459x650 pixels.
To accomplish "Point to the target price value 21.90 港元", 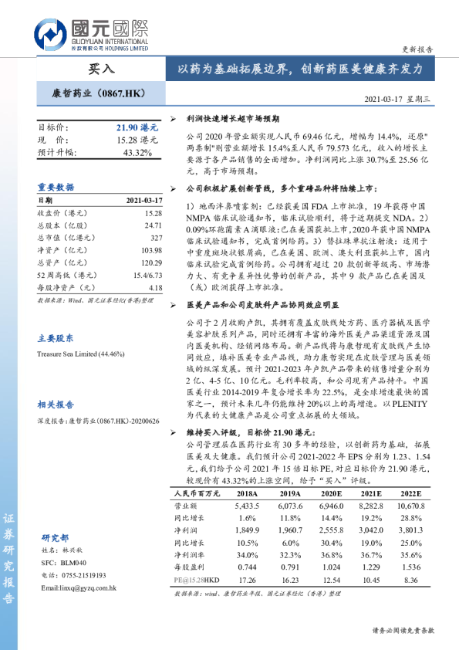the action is click(137, 127).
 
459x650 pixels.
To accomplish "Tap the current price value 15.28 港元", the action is click(137, 140).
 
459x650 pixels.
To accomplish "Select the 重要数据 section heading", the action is click(56, 187).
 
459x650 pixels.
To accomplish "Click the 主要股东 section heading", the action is click(56, 338).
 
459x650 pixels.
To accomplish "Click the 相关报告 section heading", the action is click(56, 405).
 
